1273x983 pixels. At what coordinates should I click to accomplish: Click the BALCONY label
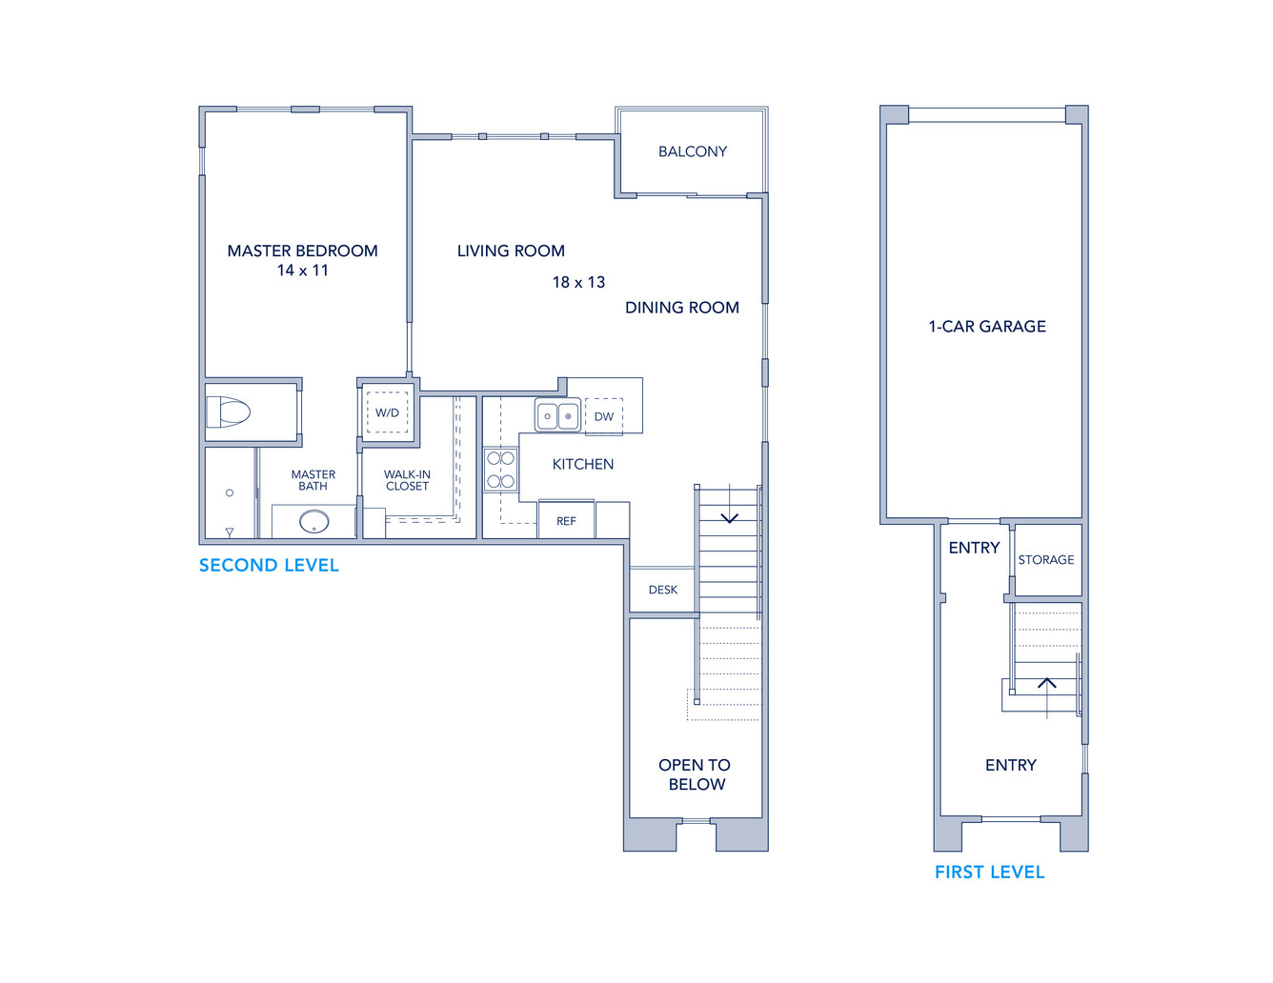coord(693,151)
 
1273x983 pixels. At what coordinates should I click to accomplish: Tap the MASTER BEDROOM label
coord(302,251)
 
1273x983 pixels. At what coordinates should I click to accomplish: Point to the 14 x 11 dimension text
coord(302,271)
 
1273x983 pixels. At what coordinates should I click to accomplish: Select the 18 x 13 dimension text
coord(578,282)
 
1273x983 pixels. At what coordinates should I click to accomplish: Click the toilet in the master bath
coord(228,411)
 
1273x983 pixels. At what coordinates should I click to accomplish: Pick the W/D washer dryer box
coord(387,412)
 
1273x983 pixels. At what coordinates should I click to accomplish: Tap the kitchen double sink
coord(557,416)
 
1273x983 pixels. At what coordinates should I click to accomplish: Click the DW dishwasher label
coord(604,417)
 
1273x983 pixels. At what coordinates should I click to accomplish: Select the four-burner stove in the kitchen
coord(501,470)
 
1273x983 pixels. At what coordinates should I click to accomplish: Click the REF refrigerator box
coord(567,519)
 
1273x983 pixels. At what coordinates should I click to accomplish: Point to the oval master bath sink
coord(314,522)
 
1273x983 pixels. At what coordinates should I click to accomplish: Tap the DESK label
coord(662,591)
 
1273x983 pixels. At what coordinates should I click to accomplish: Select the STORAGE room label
coord(1045,560)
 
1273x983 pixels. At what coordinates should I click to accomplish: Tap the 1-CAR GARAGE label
coord(987,327)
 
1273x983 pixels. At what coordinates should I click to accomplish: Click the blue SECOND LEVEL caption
coord(269,566)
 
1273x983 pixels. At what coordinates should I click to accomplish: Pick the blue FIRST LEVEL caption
coord(989,873)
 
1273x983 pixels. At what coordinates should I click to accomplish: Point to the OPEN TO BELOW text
coord(696,774)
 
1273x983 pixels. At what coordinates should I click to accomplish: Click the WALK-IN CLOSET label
coord(407,481)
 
